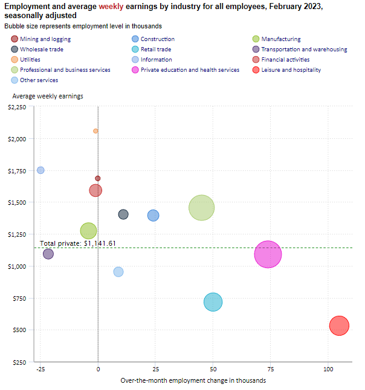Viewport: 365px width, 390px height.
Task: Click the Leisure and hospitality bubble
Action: (340, 325)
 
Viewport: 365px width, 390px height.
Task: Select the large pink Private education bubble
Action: (268, 254)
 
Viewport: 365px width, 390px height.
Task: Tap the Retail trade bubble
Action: (213, 302)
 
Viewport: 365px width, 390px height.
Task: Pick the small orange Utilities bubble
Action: (95, 131)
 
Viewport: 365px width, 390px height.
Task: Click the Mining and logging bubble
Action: (98, 178)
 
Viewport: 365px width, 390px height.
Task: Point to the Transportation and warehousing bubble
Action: (48, 254)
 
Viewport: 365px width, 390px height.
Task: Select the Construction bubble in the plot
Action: (153, 216)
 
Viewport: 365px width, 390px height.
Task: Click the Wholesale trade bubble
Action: (123, 214)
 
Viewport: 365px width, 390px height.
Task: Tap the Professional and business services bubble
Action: (201, 208)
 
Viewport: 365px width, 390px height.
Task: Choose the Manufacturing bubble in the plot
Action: (89, 231)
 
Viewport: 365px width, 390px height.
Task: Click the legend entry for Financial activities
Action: (285, 60)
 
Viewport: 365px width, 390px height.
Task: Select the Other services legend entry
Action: (39, 80)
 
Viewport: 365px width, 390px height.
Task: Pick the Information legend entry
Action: (156, 60)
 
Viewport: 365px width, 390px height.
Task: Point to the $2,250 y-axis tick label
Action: (16, 107)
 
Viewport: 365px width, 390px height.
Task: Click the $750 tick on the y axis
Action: (20, 298)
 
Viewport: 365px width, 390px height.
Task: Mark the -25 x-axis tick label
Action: (40, 368)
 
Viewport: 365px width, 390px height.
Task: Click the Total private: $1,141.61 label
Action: (77, 243)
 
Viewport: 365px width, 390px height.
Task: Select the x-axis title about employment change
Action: (193, 380)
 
